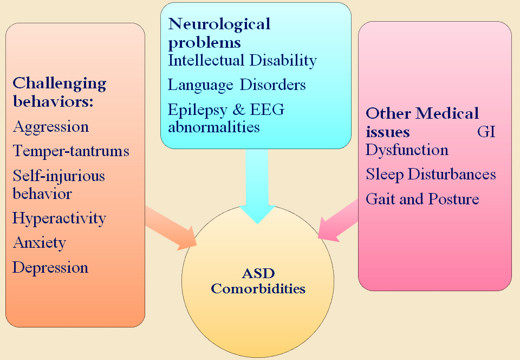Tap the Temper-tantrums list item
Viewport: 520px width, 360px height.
coord(71,151)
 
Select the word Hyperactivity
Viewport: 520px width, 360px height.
coord(60,219)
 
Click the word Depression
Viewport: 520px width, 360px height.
coord(50,267)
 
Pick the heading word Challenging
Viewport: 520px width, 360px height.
coord(60,84)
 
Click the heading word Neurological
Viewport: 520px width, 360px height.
coord(219,24)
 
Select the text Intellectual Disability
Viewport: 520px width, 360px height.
coord(243,60)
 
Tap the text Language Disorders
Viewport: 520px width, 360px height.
coord(237,85)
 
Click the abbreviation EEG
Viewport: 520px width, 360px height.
coord(267,110)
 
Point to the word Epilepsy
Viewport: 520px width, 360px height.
coord(198,111)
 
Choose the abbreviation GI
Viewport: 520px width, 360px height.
coord(486,132)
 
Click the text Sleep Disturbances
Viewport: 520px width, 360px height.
coord(431,175)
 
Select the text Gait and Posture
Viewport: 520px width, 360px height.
coord(422,199)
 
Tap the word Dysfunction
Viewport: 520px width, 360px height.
coord(407,150)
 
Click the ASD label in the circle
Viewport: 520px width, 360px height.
coord(258,274)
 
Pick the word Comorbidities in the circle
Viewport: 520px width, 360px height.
coord(258,288)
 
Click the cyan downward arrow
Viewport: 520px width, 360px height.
coord(257,186)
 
